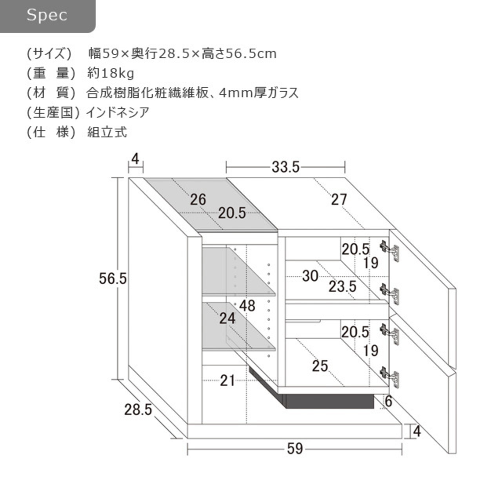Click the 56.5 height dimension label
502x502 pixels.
[113, 278]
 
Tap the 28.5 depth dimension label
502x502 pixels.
[138, 409]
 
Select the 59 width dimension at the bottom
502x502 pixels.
[295, 449]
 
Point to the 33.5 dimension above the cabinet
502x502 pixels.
[286, 167]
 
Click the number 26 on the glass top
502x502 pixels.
[198, 200]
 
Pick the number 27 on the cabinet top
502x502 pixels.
[339, 200]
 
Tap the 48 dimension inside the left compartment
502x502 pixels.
[247, 306]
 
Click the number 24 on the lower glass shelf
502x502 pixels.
[227, 318]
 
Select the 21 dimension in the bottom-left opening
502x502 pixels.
[227, 380]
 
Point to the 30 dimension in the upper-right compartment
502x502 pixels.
[310, 276]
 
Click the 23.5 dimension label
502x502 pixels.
[342, 287]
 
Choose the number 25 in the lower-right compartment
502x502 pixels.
[320, 366]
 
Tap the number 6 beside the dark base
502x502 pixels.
[388, 402]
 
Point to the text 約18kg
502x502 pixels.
[111, 74]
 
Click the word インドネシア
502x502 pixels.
[118, 113]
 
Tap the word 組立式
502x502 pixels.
[107, 132]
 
